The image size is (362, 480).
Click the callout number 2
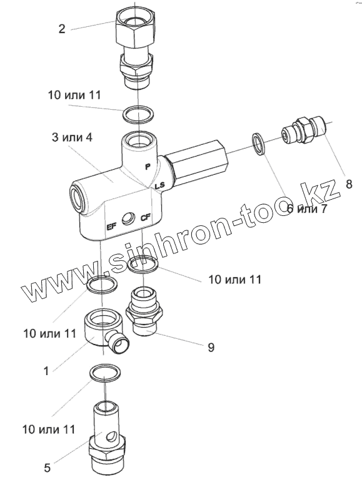[x=62, y=29]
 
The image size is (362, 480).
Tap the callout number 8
[x=349, y=184]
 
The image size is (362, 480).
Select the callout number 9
[x=211, y=347]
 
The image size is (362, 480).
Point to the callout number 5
[x=47, y=468]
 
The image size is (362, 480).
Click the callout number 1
[x=46, y=371]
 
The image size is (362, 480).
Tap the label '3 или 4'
[x=72, y=137]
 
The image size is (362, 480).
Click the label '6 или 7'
[x=307, y=209]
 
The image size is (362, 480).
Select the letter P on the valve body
[x=148, y=167]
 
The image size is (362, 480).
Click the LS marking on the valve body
[x=159, y=185]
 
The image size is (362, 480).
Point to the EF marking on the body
[x=111, y=227]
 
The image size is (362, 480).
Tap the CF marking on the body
[x=145, y=218]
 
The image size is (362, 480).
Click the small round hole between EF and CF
[x=128, y=219]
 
